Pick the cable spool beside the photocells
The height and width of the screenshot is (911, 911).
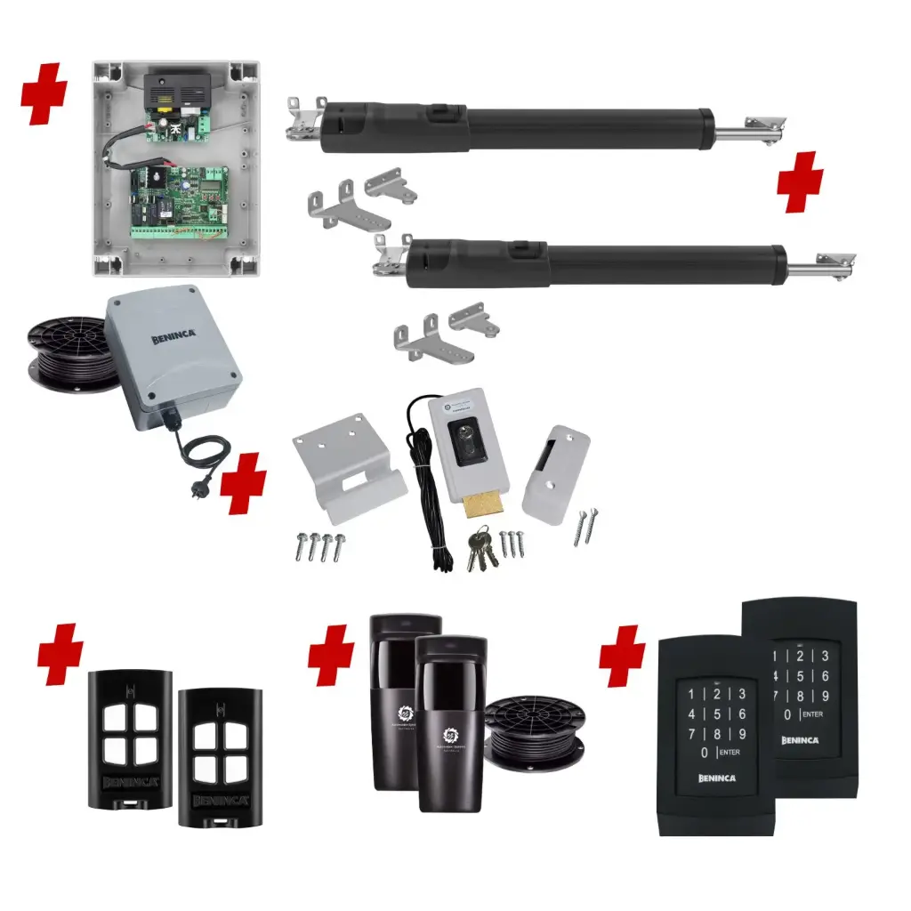coord(535,731)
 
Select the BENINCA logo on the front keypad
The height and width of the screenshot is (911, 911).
coord(717,778)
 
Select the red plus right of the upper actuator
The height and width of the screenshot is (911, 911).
coord(800,181)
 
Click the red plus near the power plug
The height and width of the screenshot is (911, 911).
coord(243,482)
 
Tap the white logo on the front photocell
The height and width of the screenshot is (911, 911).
coord(450,738)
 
